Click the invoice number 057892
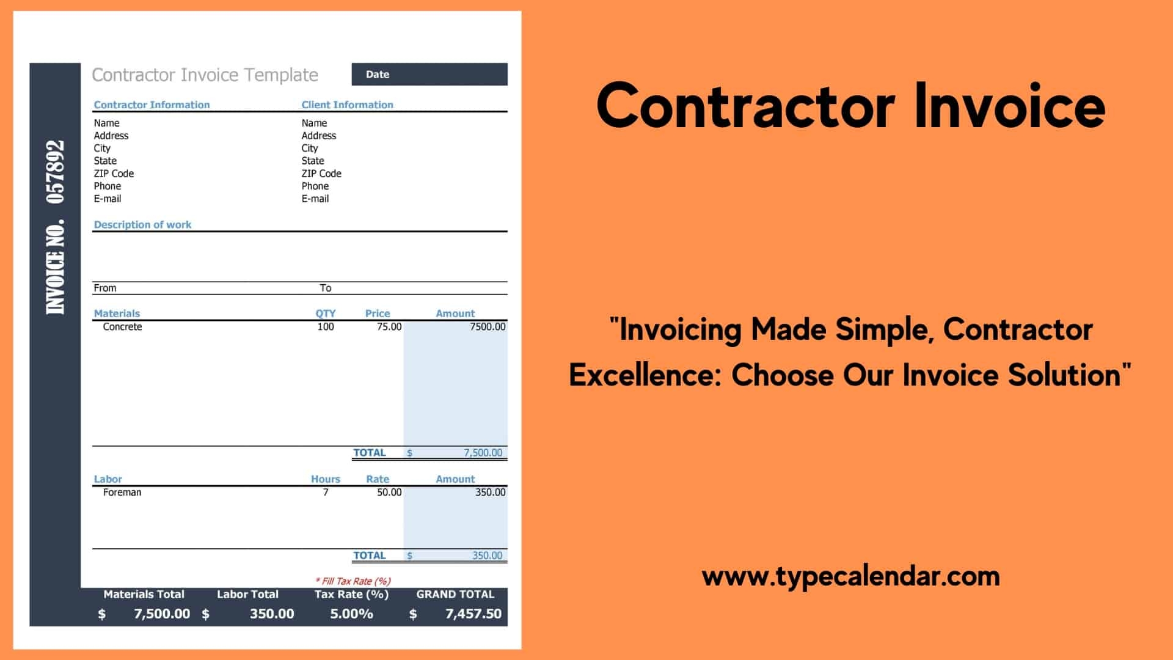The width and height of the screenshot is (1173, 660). [55, 172]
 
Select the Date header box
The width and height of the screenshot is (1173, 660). [429, 75]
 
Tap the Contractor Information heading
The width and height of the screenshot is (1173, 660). [152, 105]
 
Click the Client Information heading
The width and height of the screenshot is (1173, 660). [347, 105]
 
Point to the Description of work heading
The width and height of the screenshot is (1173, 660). [142, 224]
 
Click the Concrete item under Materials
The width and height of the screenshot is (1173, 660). [122, 327]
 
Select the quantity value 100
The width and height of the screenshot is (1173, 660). [326, 327]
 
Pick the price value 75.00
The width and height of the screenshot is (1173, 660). [389, 327]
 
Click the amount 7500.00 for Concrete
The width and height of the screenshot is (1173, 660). [487, 327]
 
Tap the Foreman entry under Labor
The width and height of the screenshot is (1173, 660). [122, 493]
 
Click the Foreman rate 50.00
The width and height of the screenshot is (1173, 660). [389, 493]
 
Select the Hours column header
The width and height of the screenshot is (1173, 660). [325, 479]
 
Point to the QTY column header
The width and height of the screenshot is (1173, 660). [325, 313]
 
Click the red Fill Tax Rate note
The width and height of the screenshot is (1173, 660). [353, 581]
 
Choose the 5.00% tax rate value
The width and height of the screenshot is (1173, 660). [351, 614]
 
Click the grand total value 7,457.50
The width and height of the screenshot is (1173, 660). [473, 614]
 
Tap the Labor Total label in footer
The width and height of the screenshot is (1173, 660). [247, 594]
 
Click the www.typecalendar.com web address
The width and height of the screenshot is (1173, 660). [850, 576]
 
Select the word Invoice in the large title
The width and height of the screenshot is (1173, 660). [1009, 107]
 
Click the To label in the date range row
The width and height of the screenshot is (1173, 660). [325, 288]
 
